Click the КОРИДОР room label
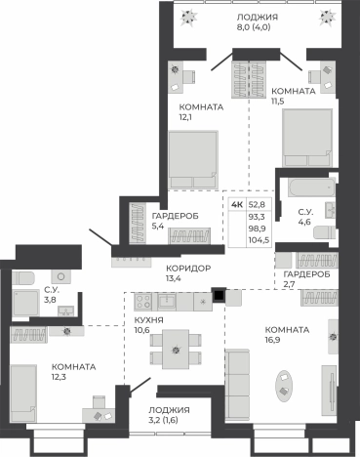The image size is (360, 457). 188,269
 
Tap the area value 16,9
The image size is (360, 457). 272,340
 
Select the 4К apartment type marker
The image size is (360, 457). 237,205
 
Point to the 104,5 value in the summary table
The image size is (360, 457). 259,240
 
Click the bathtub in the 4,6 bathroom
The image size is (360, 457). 311,187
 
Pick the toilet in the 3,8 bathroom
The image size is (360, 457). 22,278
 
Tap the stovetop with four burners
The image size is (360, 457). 143,301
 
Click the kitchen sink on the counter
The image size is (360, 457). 167,302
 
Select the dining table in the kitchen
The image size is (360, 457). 176,350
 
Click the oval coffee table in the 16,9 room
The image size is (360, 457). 283,386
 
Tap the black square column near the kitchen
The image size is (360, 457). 219,295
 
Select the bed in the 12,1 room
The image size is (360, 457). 193,159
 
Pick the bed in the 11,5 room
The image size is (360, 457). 307,138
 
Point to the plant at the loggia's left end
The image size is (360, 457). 189,17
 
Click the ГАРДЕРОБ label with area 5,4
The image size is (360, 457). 175,216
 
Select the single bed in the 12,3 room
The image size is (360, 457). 23,393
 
